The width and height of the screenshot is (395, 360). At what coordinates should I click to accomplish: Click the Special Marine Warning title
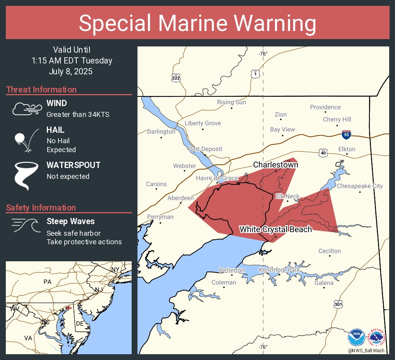tap(197, 23)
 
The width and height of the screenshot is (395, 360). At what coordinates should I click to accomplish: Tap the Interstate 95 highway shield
tap(347, 135)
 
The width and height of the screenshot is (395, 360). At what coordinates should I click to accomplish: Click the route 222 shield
tap(176, 77)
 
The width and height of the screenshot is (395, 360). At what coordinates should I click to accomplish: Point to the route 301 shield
tap(338, 305)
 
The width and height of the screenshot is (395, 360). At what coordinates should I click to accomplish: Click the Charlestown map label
tap(275, 165)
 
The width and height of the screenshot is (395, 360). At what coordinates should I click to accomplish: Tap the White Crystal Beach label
tap(275, 229)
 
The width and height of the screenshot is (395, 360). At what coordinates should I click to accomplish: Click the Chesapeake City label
tap(360, 186)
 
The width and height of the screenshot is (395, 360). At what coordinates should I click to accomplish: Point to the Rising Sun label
tap(231, 102)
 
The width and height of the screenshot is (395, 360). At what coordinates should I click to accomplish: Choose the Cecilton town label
tap(330, 251)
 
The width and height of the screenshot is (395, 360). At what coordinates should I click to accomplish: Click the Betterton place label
tap(232, 270)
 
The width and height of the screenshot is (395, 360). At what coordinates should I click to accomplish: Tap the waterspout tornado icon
tap(26, 176)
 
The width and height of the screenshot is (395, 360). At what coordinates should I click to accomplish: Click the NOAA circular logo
tap(356, 338)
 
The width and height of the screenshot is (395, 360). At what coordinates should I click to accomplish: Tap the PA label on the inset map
tap(47, 282)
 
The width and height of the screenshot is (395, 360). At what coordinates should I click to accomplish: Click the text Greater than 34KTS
tap(78, 115)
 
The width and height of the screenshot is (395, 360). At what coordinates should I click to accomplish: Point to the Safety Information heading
tap(41, 207)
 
